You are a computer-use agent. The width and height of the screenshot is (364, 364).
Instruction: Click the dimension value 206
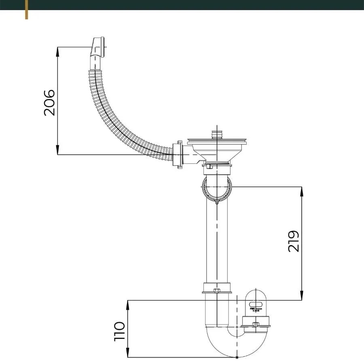pyautogui.click(x=49, y=103)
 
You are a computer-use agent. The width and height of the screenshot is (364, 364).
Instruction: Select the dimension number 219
pyautogui.click(x=294, y=241)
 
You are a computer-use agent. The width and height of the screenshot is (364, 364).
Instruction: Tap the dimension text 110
pyautogui.click(x=119, y=331)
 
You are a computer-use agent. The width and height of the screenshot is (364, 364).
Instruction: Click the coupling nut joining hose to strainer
pyautogui.click(x=178, y=154)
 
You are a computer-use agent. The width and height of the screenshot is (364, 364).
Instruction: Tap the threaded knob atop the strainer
pyautogui.click(x=217, y=134)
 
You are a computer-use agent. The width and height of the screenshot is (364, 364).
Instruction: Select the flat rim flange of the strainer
pyautogui.click(x=217, y=142)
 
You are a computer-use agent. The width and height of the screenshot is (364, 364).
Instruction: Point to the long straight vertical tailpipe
pyautogui.click(x=217, y=243)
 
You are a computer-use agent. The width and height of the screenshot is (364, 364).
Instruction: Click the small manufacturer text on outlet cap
pyautogui.click(x=256, y=309)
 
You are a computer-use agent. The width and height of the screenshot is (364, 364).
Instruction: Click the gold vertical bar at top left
pyautogui.click(x=27, y=9)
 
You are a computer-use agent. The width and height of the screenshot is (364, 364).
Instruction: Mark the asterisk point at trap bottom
pyautogui.click(x=237, y=357)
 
